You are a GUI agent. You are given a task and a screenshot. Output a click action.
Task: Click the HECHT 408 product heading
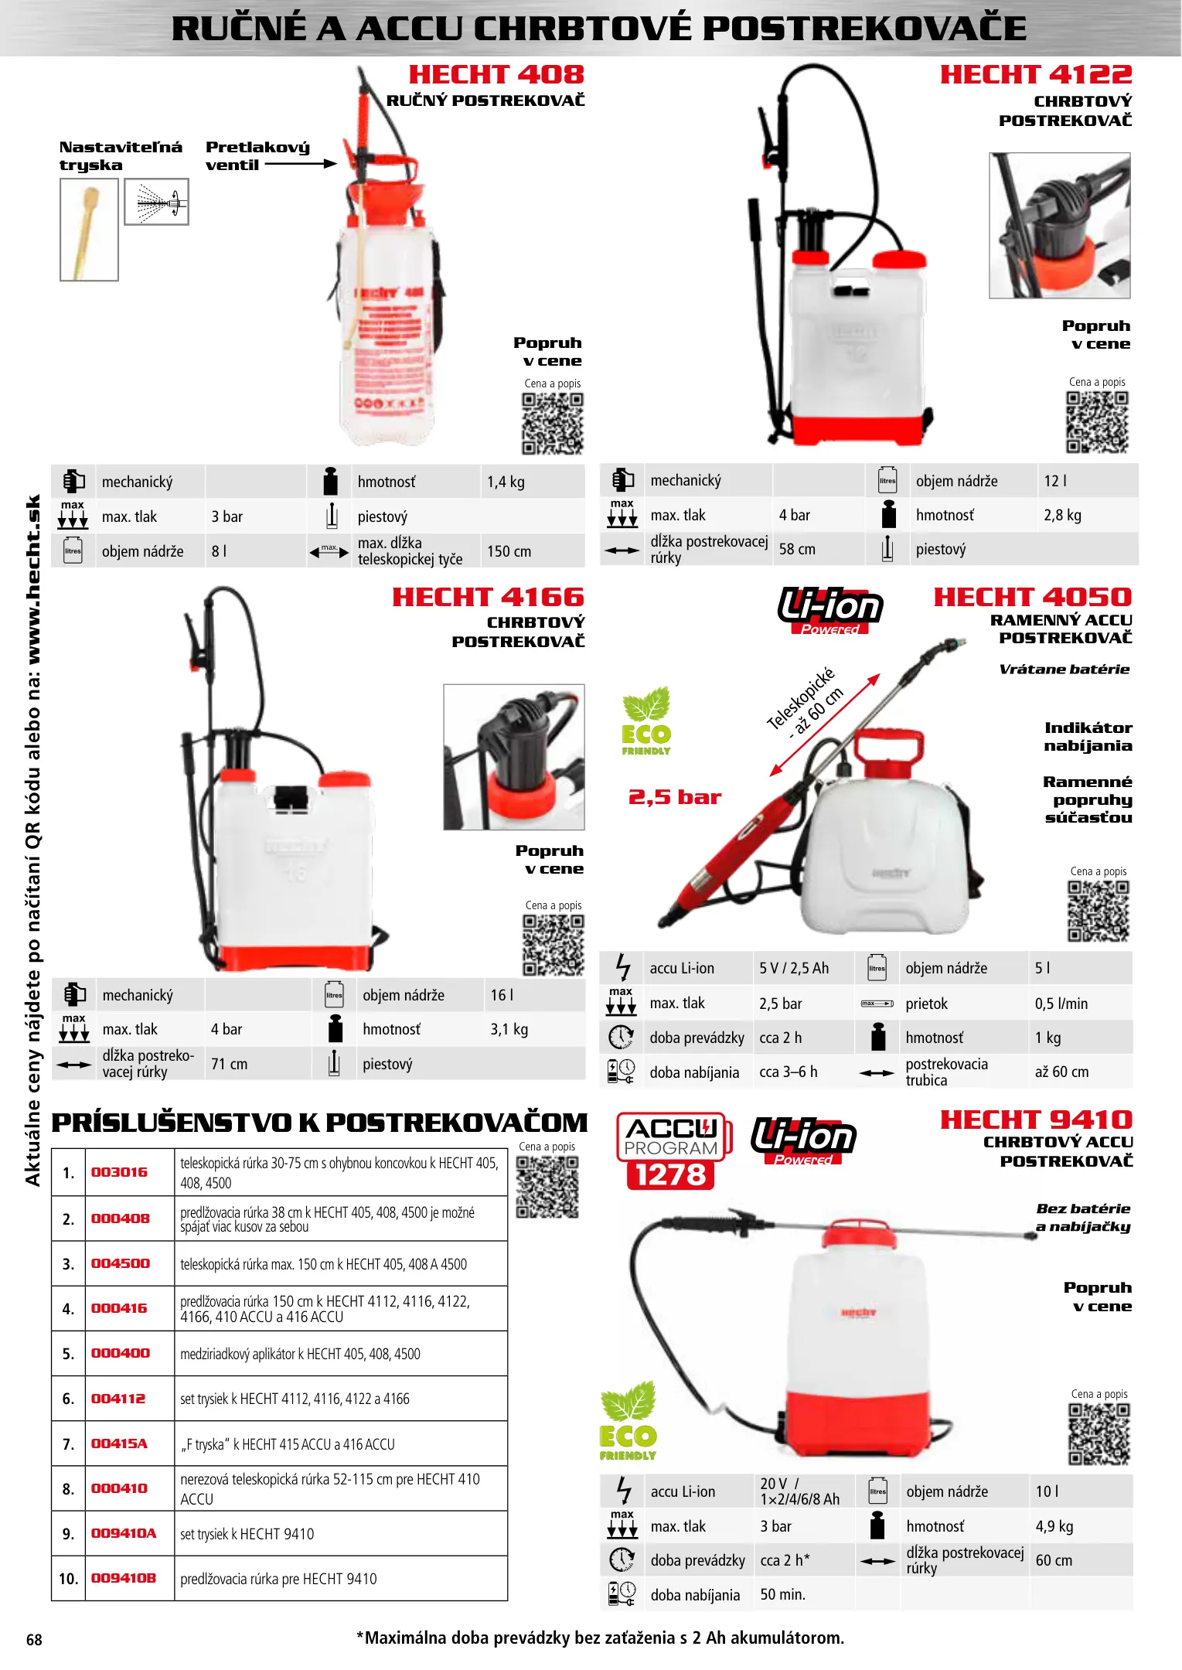click(496, 75)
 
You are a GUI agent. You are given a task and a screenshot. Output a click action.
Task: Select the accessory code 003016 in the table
click(119, 1172)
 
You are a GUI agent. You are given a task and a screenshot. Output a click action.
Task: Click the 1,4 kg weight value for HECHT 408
click(506, 482)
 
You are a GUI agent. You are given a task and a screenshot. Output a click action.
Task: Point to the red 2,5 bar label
click(674, 797)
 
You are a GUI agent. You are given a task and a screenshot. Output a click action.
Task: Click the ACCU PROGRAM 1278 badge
click(671, 1150)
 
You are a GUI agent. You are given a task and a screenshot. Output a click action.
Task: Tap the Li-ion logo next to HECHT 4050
click(830, 609)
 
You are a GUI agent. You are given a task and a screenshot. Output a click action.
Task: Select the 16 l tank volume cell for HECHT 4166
click(502, 995)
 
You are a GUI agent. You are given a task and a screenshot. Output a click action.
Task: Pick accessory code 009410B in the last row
click(123, 1578)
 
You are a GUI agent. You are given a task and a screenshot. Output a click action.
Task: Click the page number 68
click(34, 1639)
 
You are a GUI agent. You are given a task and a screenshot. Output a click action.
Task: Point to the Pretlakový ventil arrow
click(301, 164)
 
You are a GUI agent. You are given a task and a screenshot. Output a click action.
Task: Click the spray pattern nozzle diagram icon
click(157, 203)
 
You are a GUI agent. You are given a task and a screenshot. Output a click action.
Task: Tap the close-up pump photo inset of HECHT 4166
click(513, 756)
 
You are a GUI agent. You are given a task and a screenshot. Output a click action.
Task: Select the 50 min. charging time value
click(782, 1594)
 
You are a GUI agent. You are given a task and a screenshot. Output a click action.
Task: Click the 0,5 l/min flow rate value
click(1061, 1004)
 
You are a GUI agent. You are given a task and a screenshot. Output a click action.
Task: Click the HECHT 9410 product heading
click(1035, 1120)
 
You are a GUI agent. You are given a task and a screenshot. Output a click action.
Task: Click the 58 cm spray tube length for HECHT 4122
click(797, 549)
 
